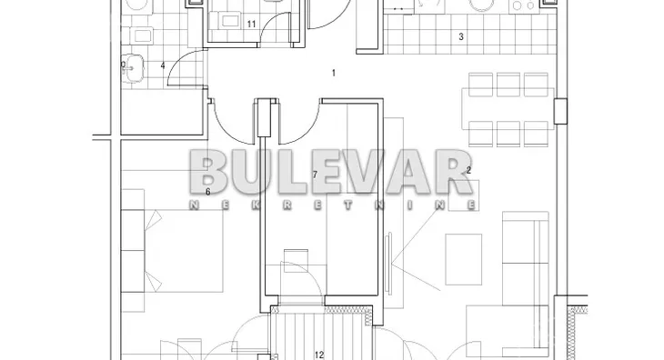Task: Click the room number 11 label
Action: coord(252,25)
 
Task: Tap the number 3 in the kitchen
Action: coord(461,36)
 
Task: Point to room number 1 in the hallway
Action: coord(334,73)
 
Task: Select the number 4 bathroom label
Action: coord(163,65)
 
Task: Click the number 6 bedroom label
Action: coord(208,192)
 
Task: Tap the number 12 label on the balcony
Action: coord(319,355)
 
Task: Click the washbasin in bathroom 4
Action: coord(133,67)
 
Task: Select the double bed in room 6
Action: coord(172,250)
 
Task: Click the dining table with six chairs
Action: coord(508,109)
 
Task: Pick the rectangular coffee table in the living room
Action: coord(464,259)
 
